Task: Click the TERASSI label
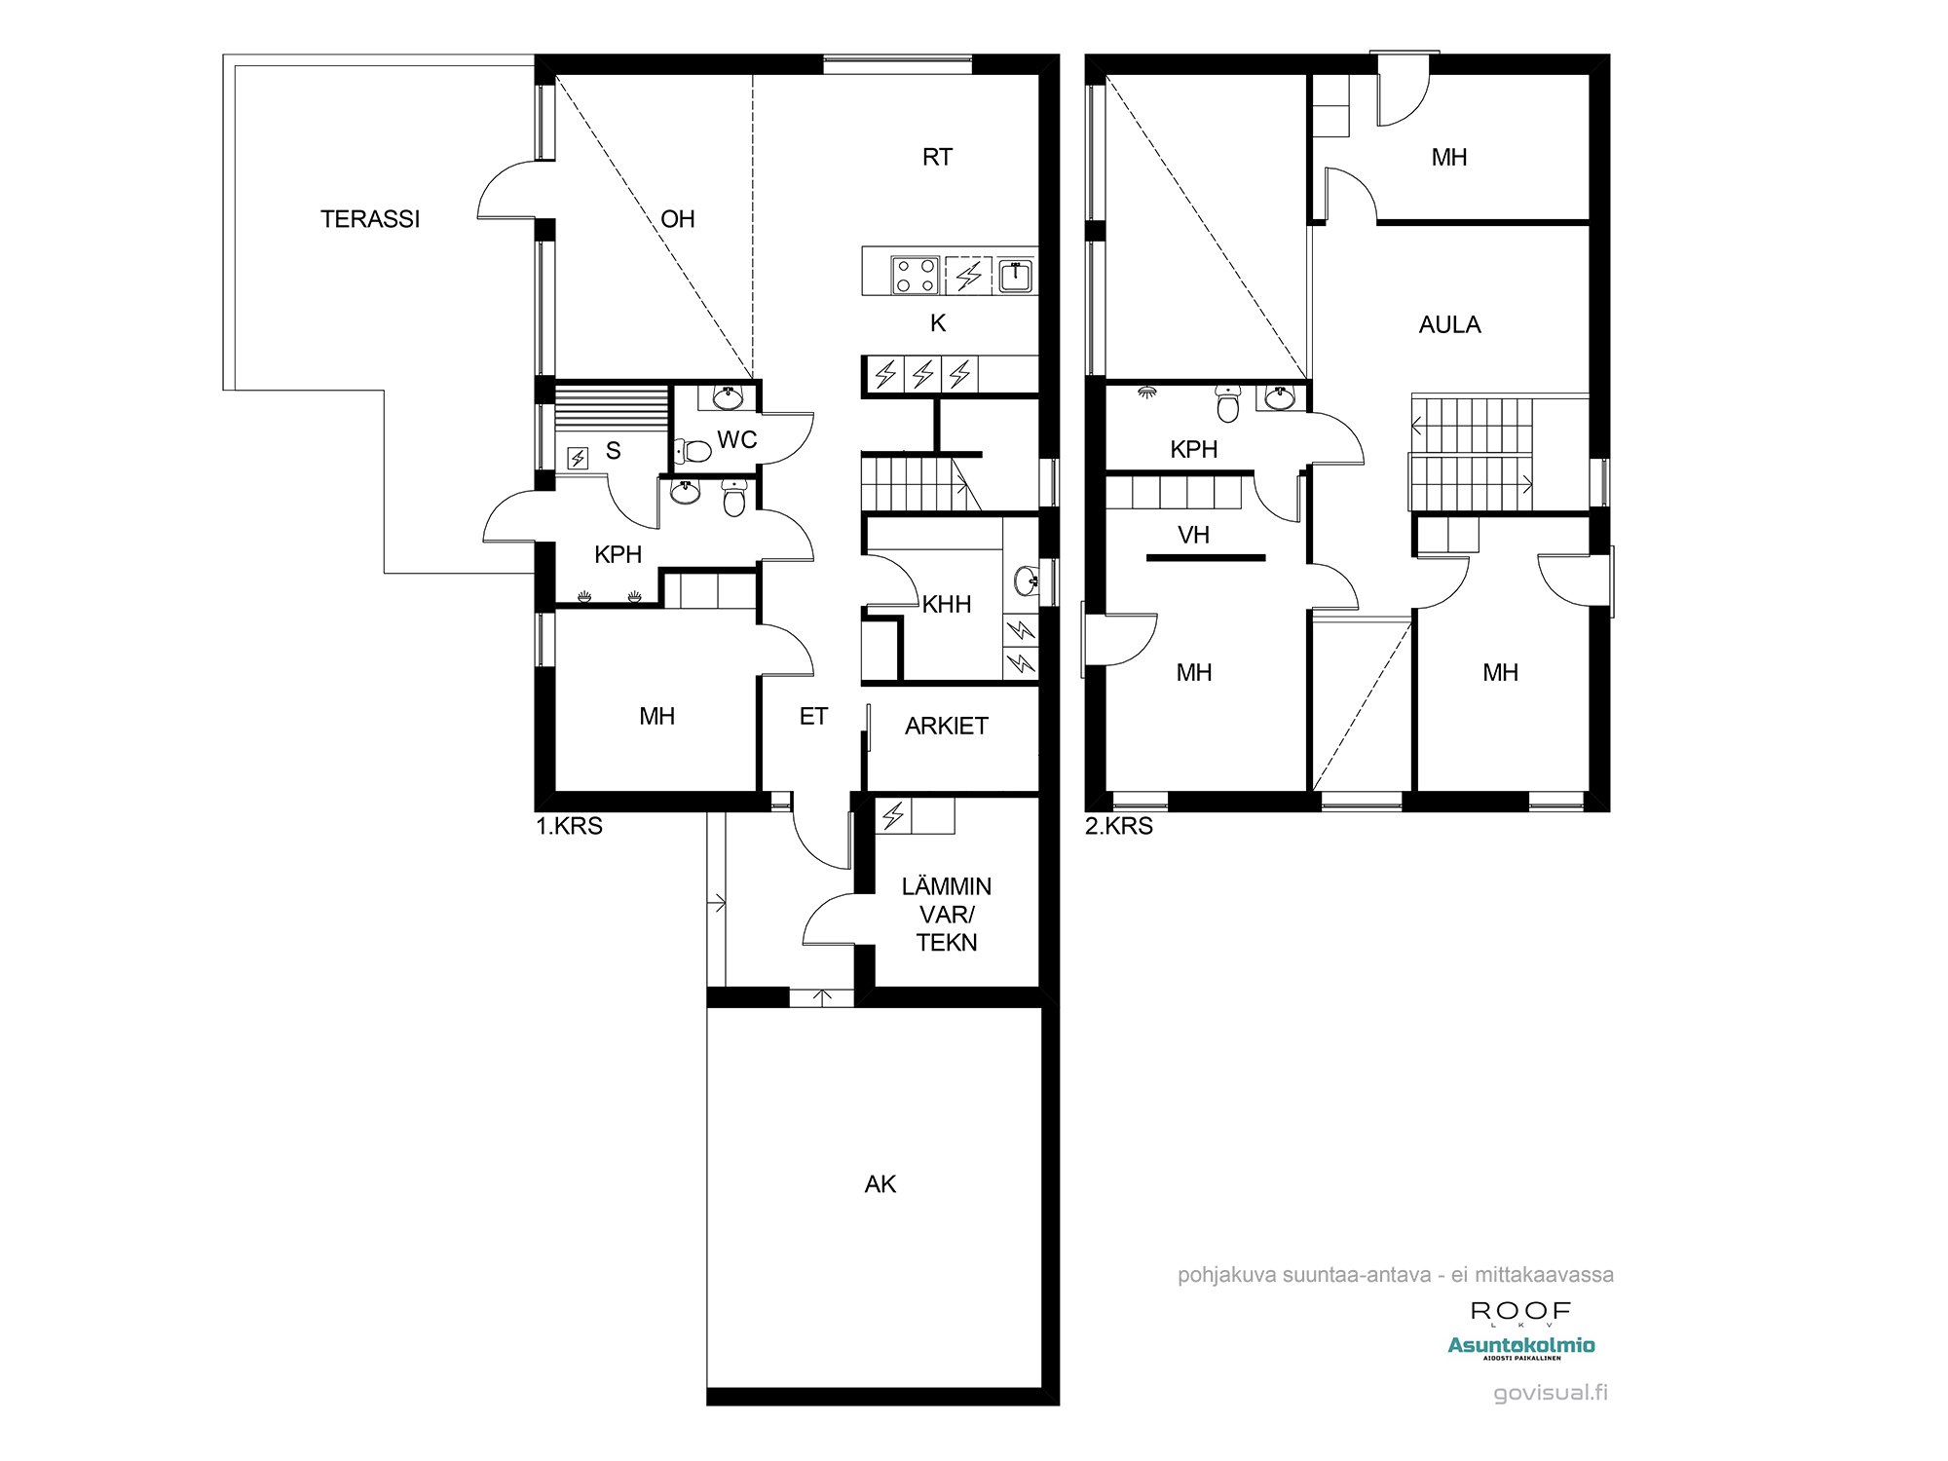[x=370, y=219]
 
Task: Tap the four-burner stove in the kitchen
[x=916, y=275]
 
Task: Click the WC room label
[x=736, y=440]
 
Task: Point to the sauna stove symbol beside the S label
[x=578, y=457]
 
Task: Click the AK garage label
[x=880, y=1184]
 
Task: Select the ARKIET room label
[x=946, y=726]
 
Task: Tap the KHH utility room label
[x=946, y=605]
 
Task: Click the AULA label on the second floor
[x=1449, y=325]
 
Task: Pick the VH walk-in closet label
[x=1193, y=535]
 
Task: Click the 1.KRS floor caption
[x=570, y=827]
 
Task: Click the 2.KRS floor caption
[x=1119, y=827]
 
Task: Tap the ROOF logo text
[x=1520, y=1312]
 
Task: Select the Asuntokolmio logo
[x=1520, y=1346]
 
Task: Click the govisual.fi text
[x=1551, y=1393]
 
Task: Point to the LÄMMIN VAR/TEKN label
[x=946, y=915]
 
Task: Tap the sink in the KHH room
[x=1026, y=581]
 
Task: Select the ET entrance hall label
[x=813, y=717]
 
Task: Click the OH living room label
[x=678, y=219]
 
